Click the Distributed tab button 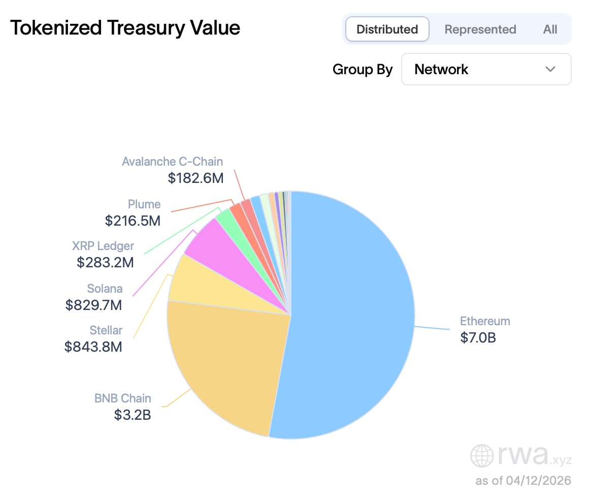point(387,29)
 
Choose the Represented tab point(480,29)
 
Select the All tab point(550,29)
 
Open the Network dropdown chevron point(550,69)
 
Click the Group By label point(363,70)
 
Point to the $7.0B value point(478,337)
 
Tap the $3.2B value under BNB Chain point(133,415)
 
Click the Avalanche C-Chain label point(172,162)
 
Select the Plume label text point(144,204)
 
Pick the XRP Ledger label point(103,246)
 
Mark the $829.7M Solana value point(93,305)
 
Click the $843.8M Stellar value point(93,347)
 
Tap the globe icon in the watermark point(481,456)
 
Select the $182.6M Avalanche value point(195,178)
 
